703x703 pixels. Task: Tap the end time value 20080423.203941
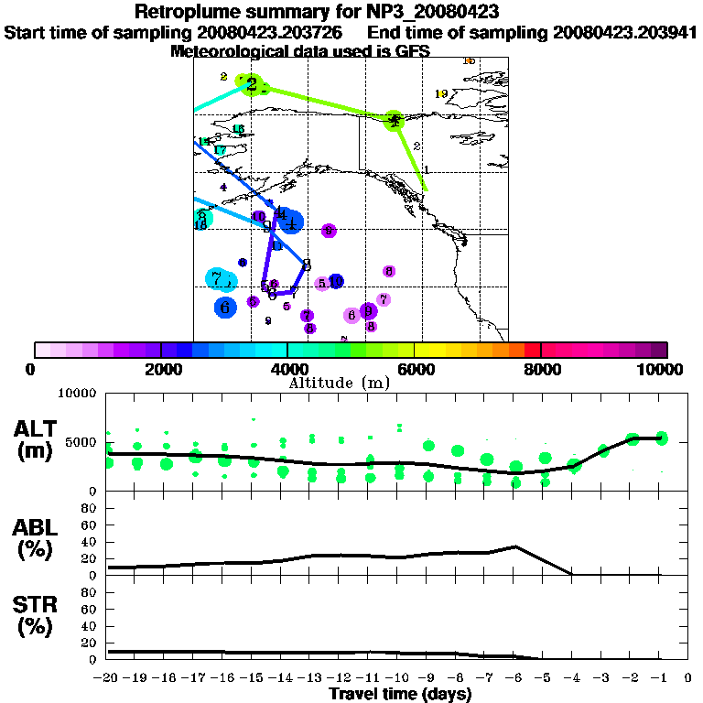click(x=624, y=32)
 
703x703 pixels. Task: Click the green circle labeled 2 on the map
click(x=251, y=84)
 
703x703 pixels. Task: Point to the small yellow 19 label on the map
click(x=441, y=93)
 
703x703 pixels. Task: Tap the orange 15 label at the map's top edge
click(x=469, y=60)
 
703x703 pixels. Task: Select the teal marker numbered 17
click(x=220, y=150)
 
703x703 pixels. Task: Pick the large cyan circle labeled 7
click(x=220, y=279)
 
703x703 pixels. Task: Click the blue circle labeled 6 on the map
click(x=225, y=308)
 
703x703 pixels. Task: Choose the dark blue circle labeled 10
click(x=336, y=281)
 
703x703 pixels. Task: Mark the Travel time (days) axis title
click(x=400, y=694)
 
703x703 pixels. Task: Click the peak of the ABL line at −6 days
click(x=516, y=546)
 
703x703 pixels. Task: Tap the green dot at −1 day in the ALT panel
click(x=662, y=438)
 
